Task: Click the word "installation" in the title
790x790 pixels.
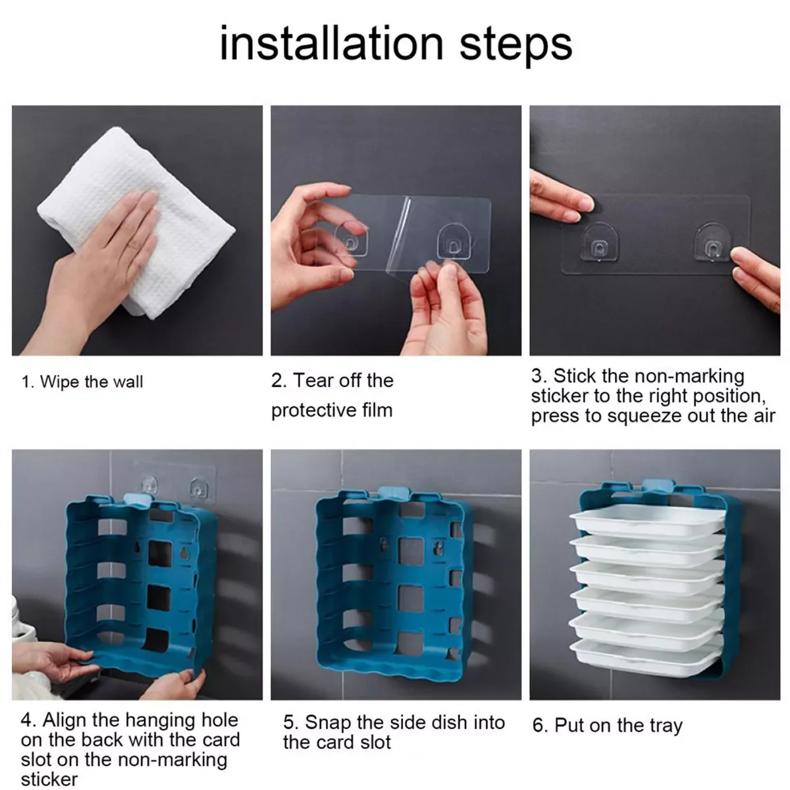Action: (332, 43)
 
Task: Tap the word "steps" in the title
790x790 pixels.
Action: (515, 46)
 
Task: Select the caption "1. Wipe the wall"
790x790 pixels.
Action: (82, 382)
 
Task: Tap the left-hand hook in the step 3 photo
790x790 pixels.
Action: (599, 244)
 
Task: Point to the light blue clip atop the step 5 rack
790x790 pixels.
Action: (393, 492)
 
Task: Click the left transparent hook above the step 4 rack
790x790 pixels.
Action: (149, 483)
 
